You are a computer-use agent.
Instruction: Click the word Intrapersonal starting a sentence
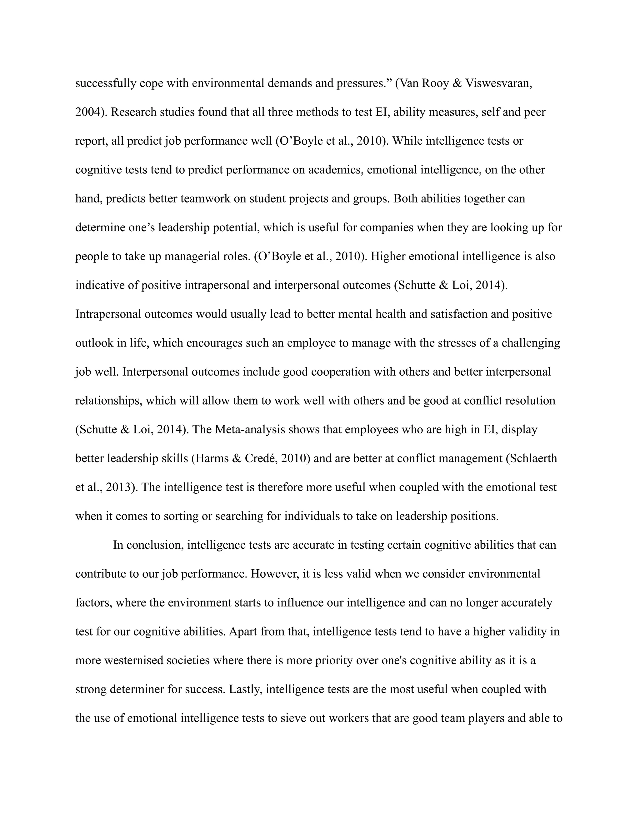click(x=108, y=314)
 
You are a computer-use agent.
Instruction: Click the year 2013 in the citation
click(x=119, y=487)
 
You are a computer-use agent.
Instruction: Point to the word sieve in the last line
click(x=293, y=718)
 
